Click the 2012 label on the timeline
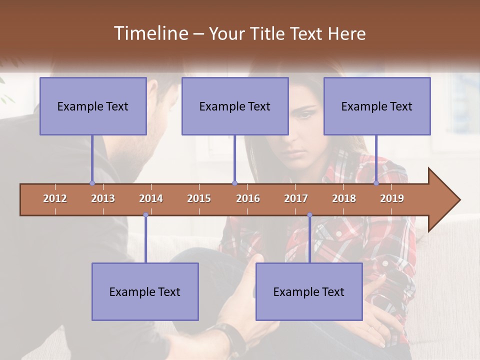pyautogui.click(x=55, y=198)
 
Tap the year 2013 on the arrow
pyautogui.click(x=103, y=198)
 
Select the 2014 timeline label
pyautogui.click(x=151, y=198)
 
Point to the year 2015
pyautogui.click(x=199, y=198)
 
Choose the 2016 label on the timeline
pyautogui.click(x=248, y=198)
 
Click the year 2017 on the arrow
pyautogui.click(x=296, y=198)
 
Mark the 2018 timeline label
pyautogui.click(x=344, y=198)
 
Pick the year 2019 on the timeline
pyautogui.click(x=392, y=198)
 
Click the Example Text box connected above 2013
pyautogui.click(x=93, y=106)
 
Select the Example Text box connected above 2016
pyautogui.click(x=235, y=106)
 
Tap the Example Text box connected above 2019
pyautogui.click(x=377, y=106)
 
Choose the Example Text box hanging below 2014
pyautogui.click(x=145, y=291)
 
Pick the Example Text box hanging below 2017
pyautogui.click(x=309, y=291)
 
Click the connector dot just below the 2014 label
pyautogui.click(x=145, y=215)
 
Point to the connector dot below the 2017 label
pyautogui.click(x=309, y=215)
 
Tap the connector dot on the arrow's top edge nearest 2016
pyautogui.click(x=234, y=183)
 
